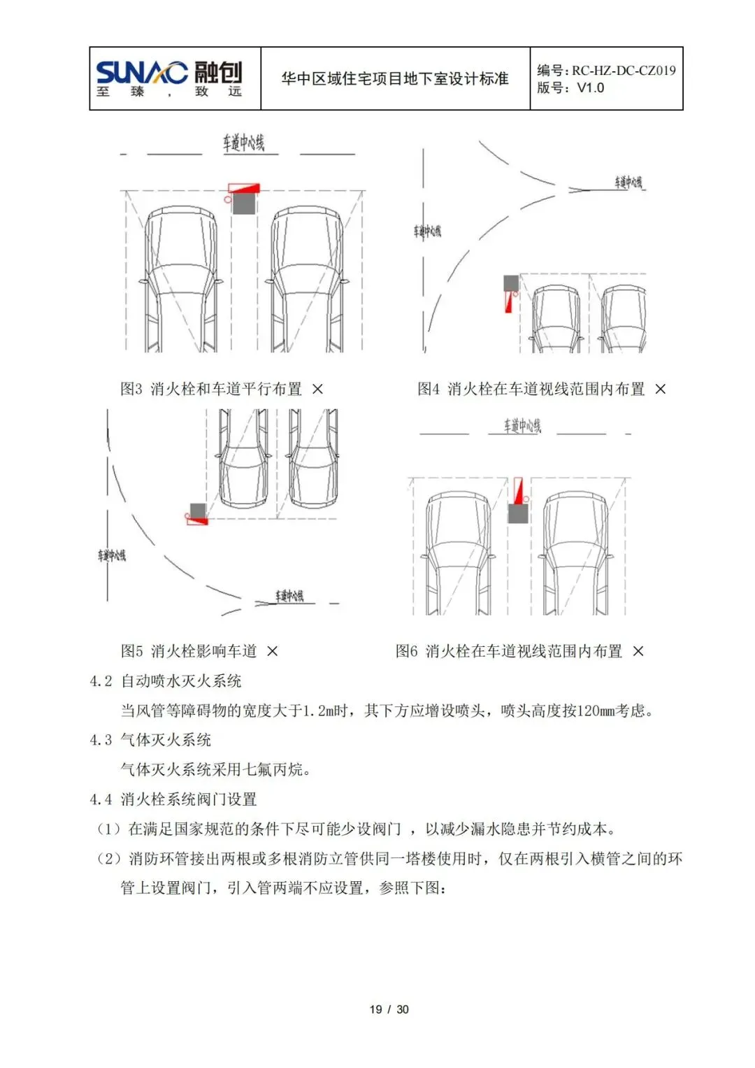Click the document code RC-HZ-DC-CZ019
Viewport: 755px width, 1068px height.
(624, 70)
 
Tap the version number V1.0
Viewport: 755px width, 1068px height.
(590, 88)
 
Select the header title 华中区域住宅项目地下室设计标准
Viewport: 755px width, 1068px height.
(394, 79)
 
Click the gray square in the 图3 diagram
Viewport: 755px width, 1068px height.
(244, 204)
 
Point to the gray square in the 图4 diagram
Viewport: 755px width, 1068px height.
(511, 283)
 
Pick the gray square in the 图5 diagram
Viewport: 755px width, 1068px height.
(198, 511)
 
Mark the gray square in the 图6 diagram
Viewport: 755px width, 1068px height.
(518, 513)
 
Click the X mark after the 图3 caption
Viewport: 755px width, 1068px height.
(317, 389)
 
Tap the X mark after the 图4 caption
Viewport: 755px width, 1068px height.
(660, 389)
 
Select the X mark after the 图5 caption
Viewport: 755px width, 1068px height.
(273, 651)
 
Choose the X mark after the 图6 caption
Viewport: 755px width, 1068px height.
(638, 651)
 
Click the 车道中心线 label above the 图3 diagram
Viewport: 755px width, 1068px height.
(243, 143)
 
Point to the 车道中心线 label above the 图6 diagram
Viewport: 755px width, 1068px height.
(522, 425)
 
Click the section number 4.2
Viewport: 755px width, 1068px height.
(101, 681)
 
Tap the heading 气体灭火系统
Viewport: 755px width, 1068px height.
(166, 740)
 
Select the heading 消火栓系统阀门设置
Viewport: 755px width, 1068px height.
(188, 799)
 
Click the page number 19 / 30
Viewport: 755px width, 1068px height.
(389, 1009)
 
